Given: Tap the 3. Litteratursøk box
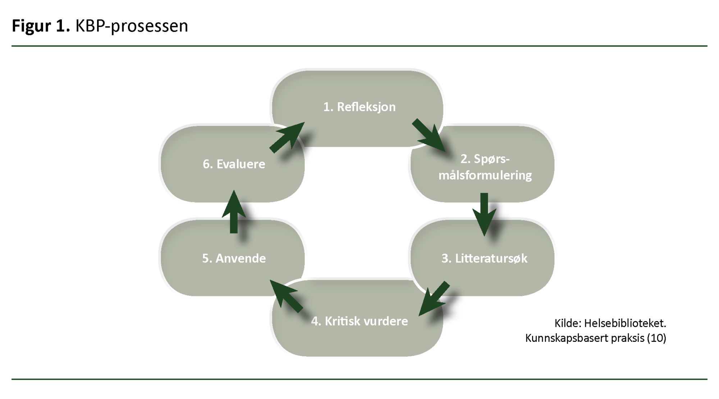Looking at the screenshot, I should (484, 259).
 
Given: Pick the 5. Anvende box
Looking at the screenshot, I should (234, 259).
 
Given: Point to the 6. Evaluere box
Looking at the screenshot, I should (234, 164).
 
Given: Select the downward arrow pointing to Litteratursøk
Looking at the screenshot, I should (484, 214).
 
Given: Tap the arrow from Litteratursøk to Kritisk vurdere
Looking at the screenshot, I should (435, 299).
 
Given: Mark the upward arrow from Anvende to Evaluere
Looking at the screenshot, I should (234, 212).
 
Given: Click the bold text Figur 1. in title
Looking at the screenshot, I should (41, 26).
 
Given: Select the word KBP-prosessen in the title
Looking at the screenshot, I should (132, 26).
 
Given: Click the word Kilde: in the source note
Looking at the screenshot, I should (568, 323).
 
